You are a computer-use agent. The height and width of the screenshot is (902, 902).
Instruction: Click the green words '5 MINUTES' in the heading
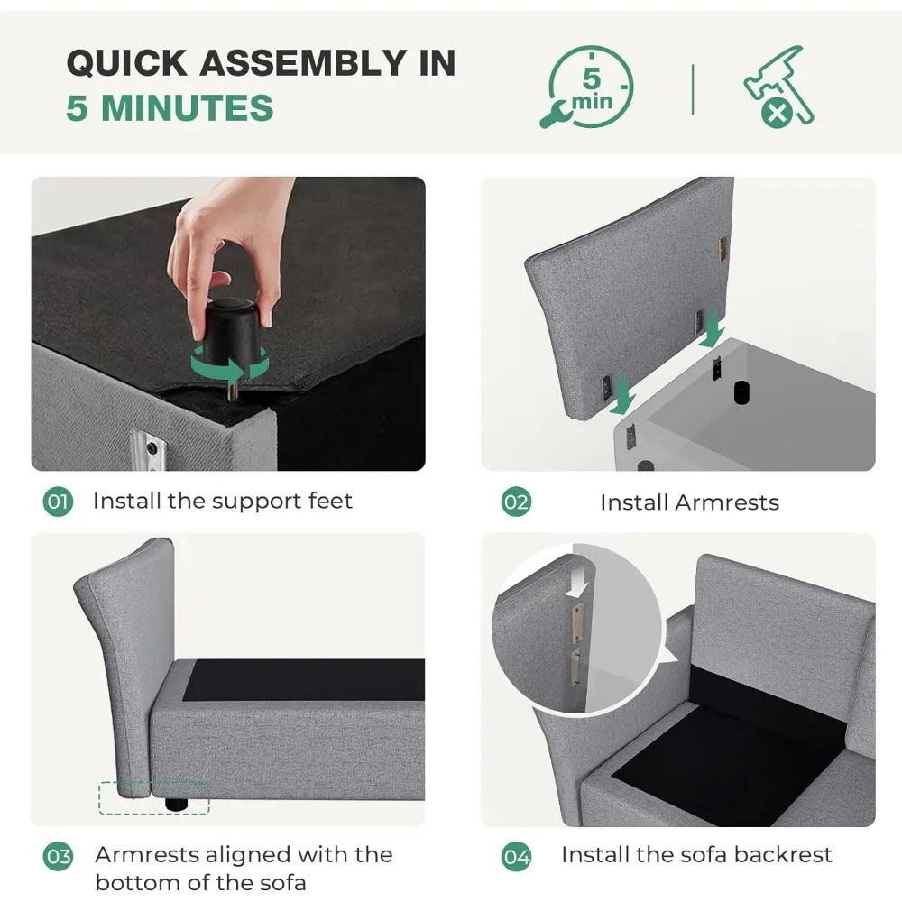coord(170,107)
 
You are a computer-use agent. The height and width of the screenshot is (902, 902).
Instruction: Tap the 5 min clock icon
coord(588,87)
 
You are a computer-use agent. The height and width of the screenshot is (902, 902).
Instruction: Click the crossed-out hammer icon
coord(778,87)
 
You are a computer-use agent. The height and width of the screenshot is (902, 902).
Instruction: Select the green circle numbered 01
coord(58,502)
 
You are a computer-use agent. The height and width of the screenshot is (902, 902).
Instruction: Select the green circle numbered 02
coord(516,502)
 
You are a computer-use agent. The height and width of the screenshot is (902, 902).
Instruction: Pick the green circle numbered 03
coord(58,857)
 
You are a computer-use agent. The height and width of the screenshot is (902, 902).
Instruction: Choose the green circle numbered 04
coord(516,857)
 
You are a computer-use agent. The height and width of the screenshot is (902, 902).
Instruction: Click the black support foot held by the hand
coord(233,334)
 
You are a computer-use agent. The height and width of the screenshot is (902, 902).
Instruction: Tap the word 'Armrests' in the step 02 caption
coord(727,502)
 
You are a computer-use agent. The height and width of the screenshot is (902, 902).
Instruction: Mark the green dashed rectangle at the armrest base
coord(154,798)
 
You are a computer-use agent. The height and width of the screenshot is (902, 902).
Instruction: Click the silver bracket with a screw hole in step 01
coord(147,448)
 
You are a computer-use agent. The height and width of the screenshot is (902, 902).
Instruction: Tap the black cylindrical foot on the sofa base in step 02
coord(741,392)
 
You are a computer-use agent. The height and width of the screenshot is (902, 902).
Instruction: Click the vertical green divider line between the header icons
coord(693,89)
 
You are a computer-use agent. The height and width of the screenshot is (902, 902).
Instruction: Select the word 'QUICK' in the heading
coord(127,62)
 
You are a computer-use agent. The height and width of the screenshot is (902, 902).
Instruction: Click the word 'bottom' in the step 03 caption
coord(135,882)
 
